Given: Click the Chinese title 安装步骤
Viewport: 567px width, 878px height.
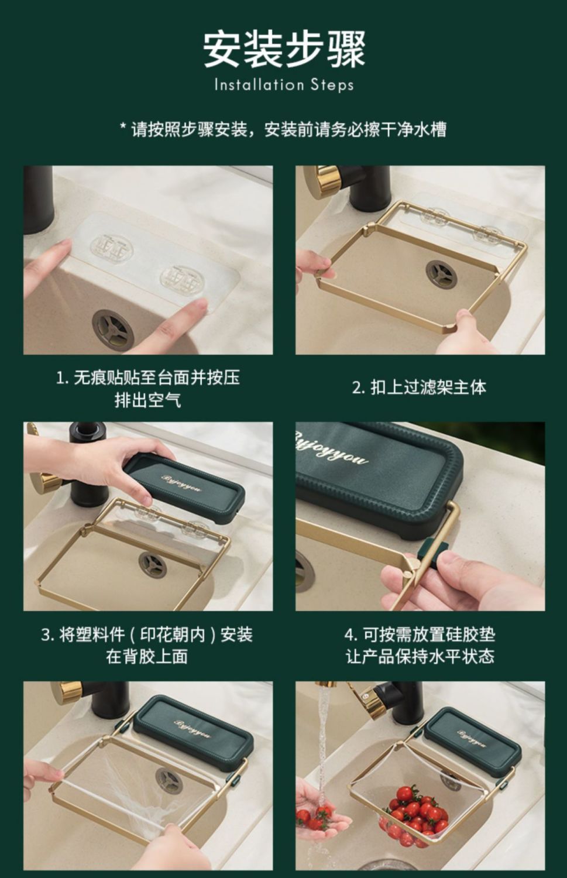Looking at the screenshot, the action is click(x=284, y=50).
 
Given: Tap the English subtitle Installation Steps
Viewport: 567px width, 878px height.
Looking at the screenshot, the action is click(x=284, y=85).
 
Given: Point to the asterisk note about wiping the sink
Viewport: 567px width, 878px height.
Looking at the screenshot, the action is click(x=283, y=129).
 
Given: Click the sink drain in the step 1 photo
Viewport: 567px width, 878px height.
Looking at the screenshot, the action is click(x=113, y=329).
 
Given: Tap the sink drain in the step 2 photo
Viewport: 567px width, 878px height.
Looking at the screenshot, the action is click(x=441, y=273).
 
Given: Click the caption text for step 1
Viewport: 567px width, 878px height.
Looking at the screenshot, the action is click(x=147, y=389).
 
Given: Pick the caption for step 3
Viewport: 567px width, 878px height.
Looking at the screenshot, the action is click(x=147, y=646).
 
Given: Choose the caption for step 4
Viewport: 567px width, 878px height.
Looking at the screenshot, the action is click(x=420, y=646).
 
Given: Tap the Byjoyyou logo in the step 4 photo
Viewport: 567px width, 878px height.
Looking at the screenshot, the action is click(x=331, y=448).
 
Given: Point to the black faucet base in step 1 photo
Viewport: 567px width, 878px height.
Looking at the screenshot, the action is click(x=39, y=199).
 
